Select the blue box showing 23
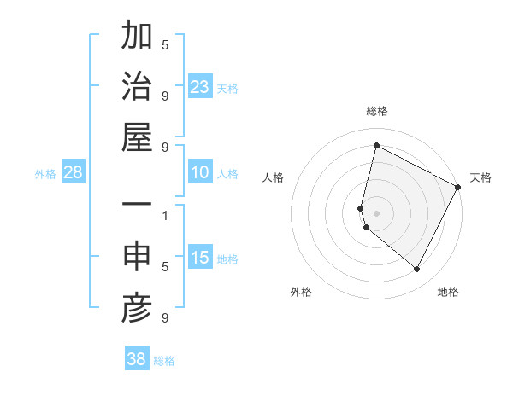pos(200,86)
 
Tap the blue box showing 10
pos(200,172)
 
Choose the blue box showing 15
pos(200,258)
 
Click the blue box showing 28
pos(74,172)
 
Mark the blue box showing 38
pos(137,359)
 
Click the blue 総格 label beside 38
pos(164,361)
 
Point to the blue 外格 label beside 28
pos(45,174)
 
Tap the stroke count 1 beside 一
pos(165,216)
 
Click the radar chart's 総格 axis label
pos(377,111)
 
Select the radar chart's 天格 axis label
pos(481,177)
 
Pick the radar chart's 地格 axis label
pos(448,292)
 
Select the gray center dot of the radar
pos(377,212)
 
